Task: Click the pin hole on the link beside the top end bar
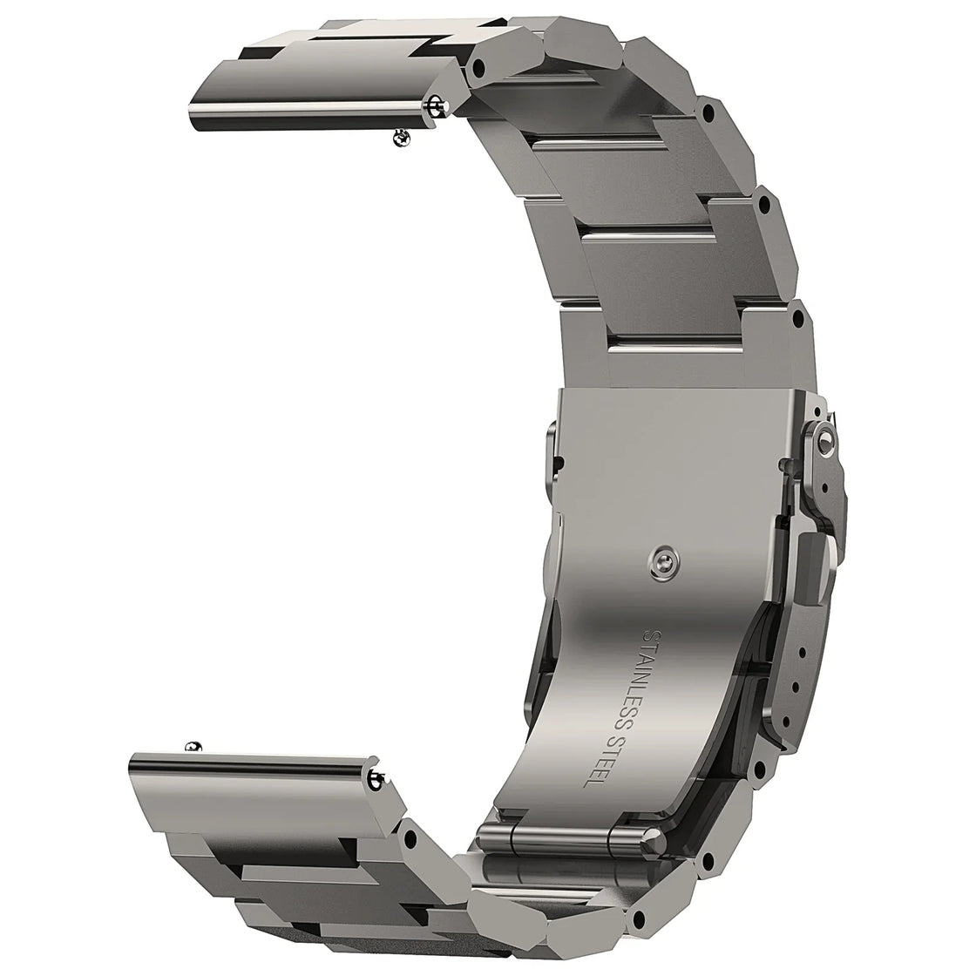(x=478, y=66)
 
